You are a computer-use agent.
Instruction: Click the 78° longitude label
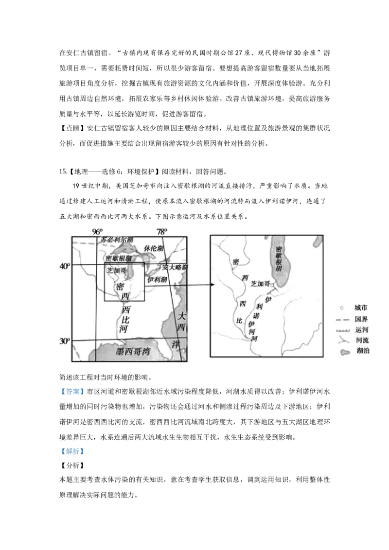tap(162, 231)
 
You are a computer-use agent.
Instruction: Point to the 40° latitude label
tap(65, 266)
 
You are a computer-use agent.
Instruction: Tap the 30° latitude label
tap(65, 341)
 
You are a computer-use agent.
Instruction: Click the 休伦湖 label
tap(154, 248)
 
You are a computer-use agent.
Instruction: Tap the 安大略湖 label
tap(175, 267)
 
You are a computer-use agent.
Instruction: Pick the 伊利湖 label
tap(157, 279)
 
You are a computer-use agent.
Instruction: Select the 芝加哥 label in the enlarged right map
tap(260, 283)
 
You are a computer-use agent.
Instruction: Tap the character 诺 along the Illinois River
tap(255, 315)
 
